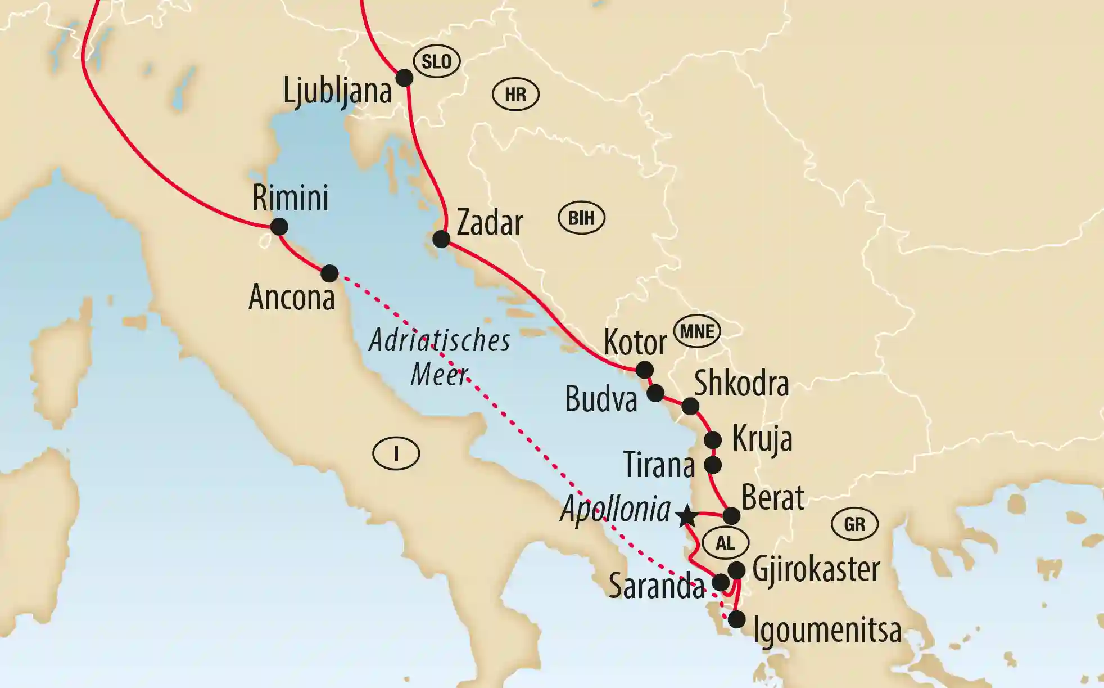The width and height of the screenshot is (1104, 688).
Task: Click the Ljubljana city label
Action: (337, 92)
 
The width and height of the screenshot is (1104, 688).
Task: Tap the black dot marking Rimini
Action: (279, 227)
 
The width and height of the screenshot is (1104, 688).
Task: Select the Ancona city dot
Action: (329, 273)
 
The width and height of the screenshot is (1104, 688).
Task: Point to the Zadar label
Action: (490, 223)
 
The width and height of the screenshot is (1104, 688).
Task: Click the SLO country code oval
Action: (436, 61)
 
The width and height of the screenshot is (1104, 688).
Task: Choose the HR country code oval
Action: (515, 95)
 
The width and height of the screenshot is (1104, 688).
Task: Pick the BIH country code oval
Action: (581, 218)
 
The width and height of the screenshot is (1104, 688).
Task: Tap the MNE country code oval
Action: (697, 331)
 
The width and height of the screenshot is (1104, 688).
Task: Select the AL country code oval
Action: (725, 543)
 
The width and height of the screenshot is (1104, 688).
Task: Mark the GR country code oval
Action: (854, 524)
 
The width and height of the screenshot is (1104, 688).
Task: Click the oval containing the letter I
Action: (396, 453)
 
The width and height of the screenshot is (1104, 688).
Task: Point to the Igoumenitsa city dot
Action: (736, 619)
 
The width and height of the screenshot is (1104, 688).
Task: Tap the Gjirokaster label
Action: (816, 570)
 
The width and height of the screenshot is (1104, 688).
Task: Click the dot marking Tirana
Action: (713, 465)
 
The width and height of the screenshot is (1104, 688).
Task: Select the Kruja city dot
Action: (713, 439)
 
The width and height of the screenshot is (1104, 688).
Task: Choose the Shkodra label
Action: (741, 384)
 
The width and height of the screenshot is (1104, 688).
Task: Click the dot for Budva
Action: (655, 393)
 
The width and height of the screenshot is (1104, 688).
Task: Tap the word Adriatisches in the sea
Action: (440, 341)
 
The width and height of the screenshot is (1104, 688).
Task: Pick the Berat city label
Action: (773, 498)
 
